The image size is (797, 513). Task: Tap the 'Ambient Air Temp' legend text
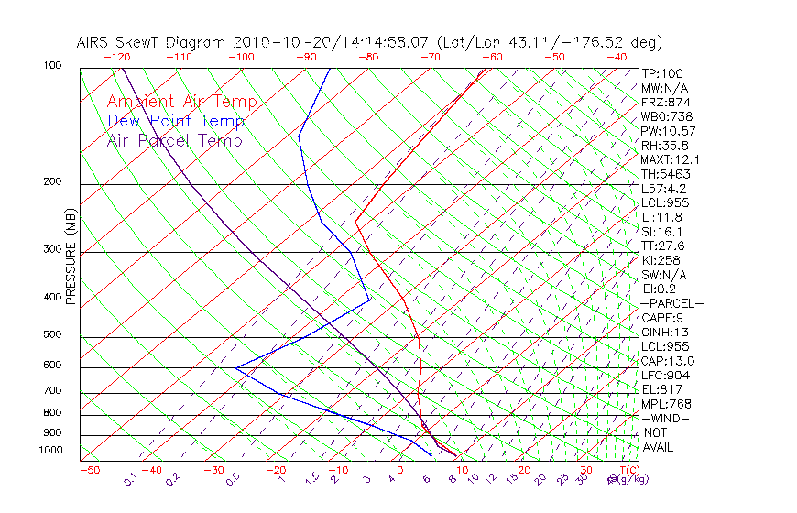pyautogui.click(x=181, y=102)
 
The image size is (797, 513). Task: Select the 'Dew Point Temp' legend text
pyautogui.click(x=176, y=121)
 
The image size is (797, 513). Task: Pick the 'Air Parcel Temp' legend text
pyautogui.click(x=175, y=140)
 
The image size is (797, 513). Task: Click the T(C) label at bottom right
pyautogui.click(x=628, y=471)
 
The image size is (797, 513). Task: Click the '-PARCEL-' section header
pyautogui.click(x=671, y=303)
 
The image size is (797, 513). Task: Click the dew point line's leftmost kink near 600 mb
pyautogui.click(x=235, y=368)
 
